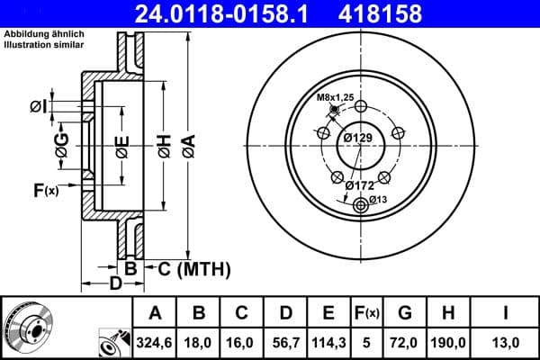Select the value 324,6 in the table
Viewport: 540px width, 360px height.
coord(155,343)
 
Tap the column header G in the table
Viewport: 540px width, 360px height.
coord(405,313)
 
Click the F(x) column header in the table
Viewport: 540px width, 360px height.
coord(367,313)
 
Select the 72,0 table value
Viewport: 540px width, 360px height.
coord(405,343)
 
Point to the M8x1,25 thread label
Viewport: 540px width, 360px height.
coord(336,97)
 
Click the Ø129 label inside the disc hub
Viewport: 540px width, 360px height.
coord(358,137)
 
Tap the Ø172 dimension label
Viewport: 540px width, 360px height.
coord(360,184)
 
